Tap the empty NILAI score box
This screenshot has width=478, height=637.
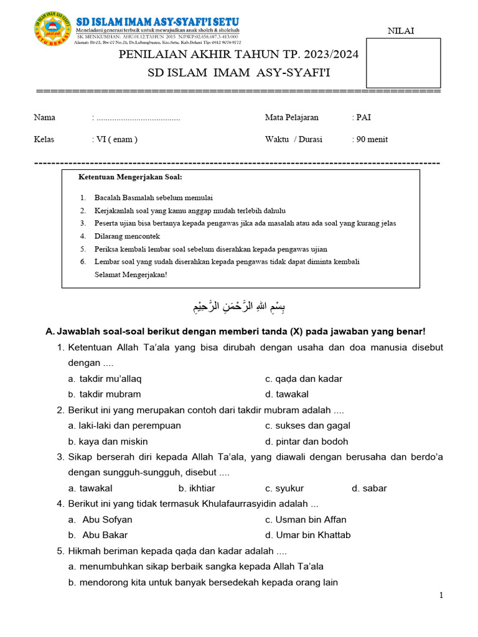coord(403,63)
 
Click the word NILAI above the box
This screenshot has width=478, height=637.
coord(401,31)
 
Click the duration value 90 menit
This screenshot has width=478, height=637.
coord(372,139)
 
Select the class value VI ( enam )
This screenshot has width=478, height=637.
coord(117,139)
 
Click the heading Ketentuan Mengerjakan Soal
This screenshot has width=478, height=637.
coord(130,177)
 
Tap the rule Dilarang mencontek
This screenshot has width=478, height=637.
coord(127,236)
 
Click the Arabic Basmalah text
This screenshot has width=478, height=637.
coord(238,307)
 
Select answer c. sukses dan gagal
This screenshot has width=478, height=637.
coord(307,425)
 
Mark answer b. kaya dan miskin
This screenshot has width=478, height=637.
coord(108,441)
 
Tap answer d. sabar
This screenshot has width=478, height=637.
coord(369,488)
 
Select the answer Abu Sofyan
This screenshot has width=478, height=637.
coord(107,519)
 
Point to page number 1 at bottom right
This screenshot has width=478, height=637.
coord(441,595)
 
